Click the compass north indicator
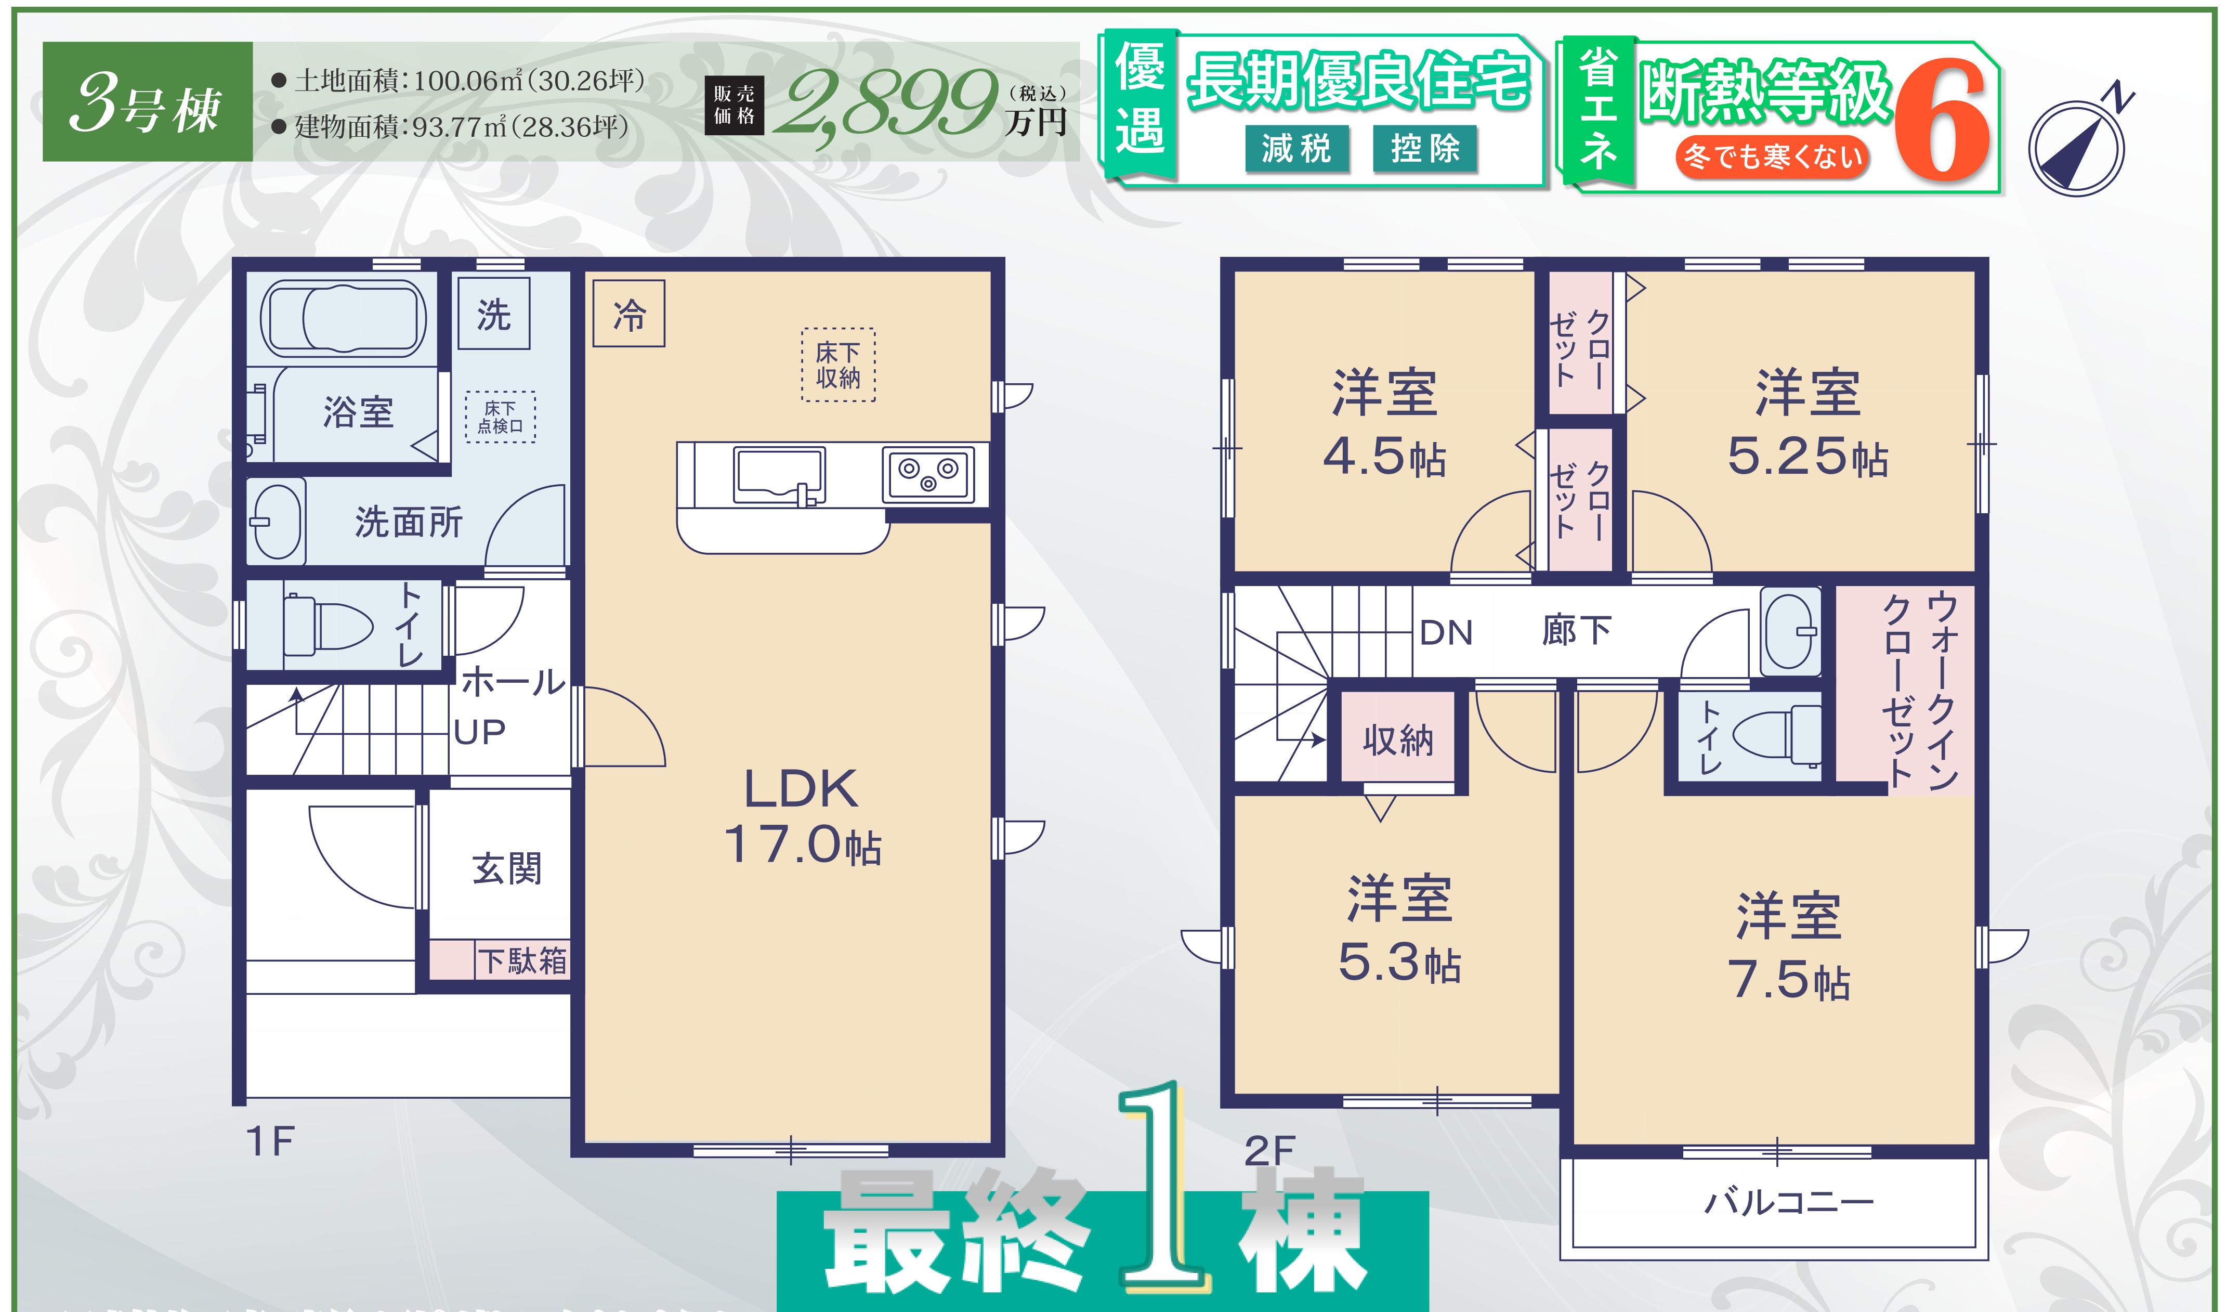[x=2076, y=142]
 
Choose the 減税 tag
[x=1297, y=148]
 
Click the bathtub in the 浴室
[x=343, y=318]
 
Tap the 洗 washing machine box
[x=494, y=314]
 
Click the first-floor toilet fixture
[x=327, y=625]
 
